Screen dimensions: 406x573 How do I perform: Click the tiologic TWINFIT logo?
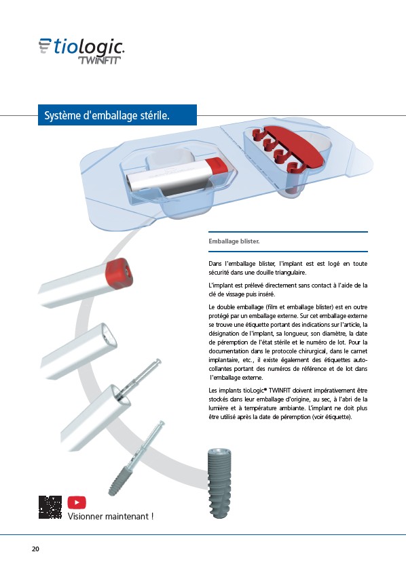[x=81, y=51]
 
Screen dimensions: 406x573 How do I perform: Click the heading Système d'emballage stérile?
[x=107, y=115]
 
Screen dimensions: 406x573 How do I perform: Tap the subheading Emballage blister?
[x=234, y=241]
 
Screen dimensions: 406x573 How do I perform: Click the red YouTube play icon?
[x=77, y=502]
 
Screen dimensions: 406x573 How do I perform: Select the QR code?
[x=50, y=507]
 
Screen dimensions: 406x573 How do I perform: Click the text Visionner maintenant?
[x=111, y=516]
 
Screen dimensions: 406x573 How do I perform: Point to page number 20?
[x=35, y=549]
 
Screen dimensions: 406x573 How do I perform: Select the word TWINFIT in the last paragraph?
[x=280, y=391]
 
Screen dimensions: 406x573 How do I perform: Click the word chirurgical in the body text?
[x=309, y=351]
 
